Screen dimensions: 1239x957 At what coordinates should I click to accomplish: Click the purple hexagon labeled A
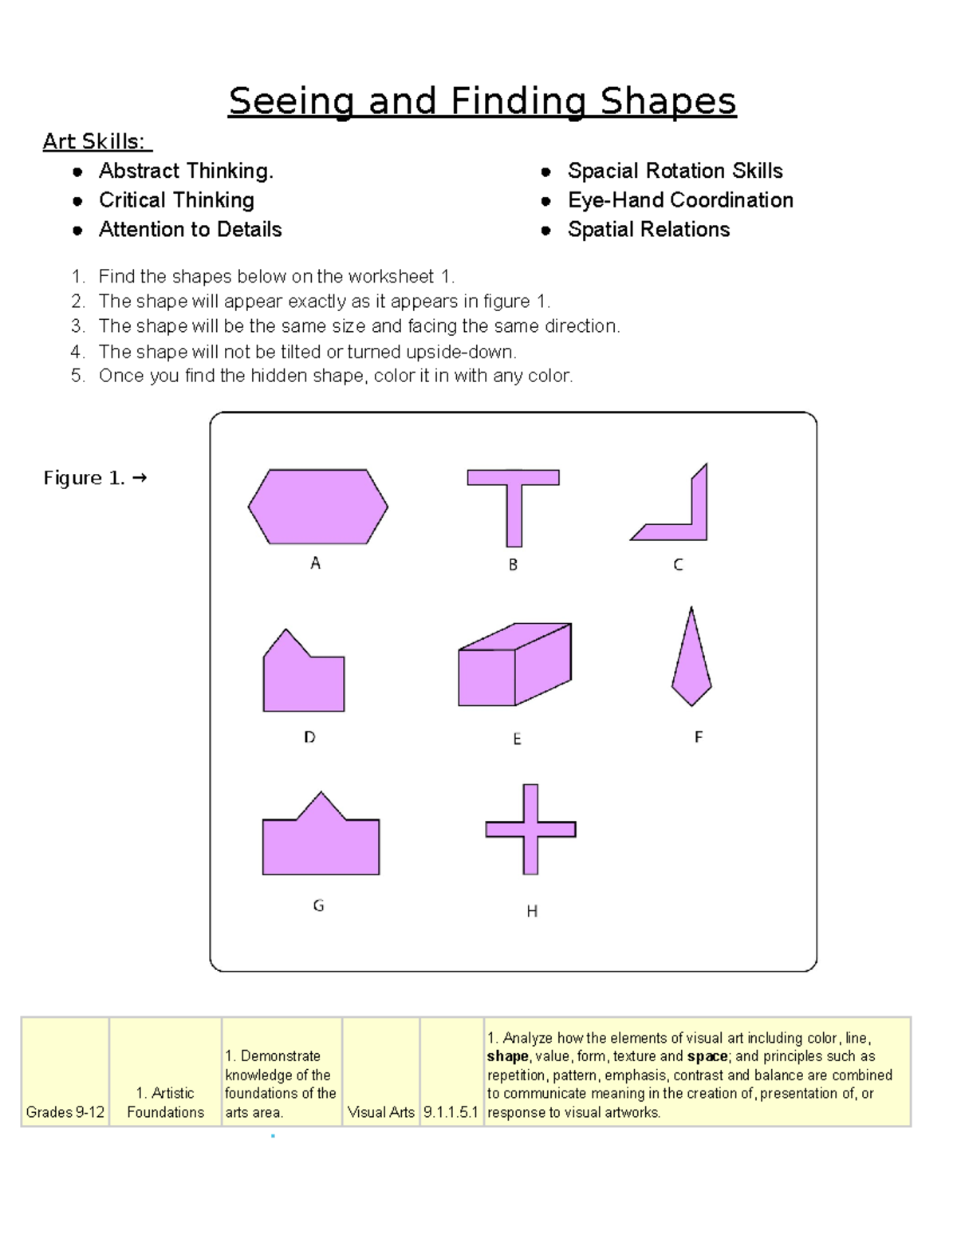point(317,507)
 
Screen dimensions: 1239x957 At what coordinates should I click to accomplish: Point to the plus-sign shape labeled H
point(531,830)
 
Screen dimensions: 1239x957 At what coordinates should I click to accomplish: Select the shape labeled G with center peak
point(321,842)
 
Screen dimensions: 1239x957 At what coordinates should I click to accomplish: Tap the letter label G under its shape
point(318,906)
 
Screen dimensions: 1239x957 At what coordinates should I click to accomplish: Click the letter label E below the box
point(517,739)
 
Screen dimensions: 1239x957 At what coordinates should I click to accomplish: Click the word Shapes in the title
point(668,101)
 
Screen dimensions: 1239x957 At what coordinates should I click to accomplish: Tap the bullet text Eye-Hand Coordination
point(680,200)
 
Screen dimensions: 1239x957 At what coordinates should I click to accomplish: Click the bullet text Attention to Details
point(190,230)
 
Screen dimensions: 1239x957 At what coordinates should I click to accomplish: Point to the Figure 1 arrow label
point(95,478)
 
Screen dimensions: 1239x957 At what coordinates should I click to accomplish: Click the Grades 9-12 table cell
point(65,1111)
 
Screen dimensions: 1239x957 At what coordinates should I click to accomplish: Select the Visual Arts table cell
point(381,1111)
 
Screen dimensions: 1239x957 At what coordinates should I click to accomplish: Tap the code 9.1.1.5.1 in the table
point(451,1111)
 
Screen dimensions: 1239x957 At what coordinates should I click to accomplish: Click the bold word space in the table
point(707,1056)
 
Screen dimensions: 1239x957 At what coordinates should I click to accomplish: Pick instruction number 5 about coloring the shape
point(335,376)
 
